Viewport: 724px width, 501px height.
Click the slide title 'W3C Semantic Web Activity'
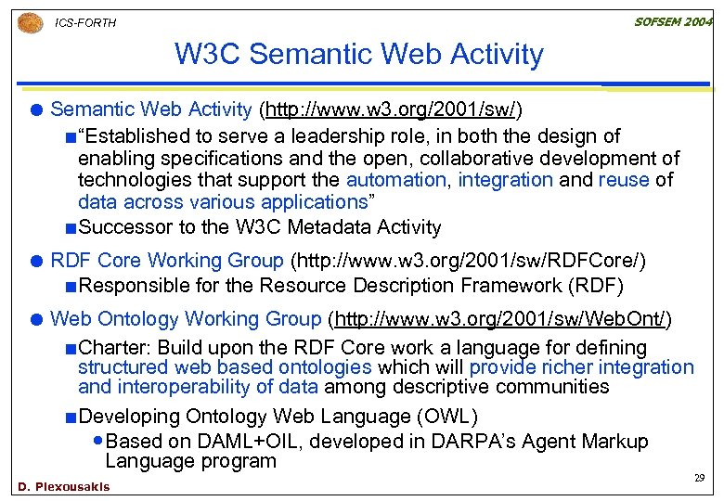358,54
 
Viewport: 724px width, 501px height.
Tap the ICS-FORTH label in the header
85,22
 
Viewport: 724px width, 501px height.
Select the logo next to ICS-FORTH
31,21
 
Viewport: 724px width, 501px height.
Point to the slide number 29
700,478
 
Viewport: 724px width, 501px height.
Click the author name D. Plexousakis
63,487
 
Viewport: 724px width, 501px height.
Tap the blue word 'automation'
395,180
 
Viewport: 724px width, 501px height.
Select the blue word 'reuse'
623,180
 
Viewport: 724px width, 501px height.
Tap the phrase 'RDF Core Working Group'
168,261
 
